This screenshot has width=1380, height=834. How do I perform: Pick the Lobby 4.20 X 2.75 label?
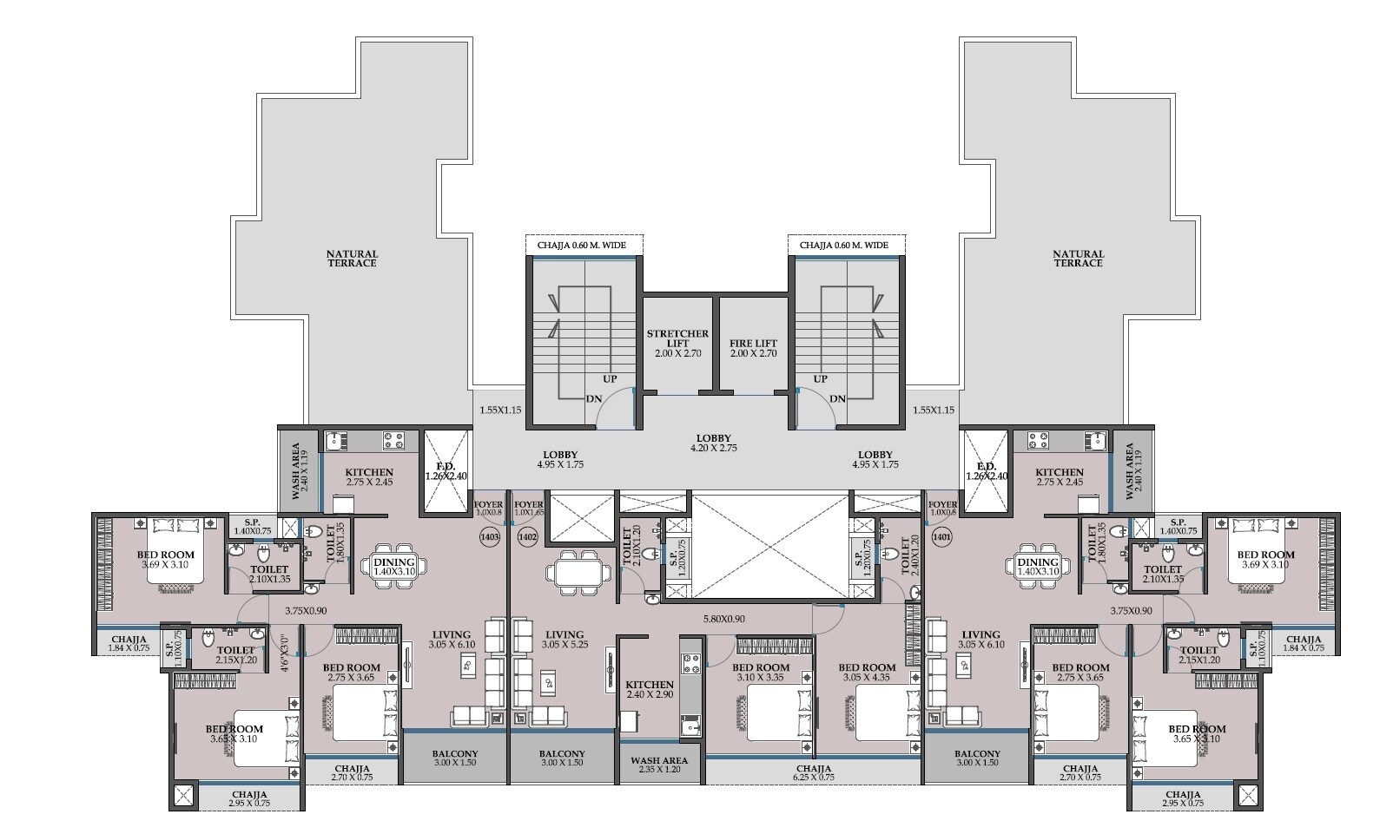click(x=713, y=443)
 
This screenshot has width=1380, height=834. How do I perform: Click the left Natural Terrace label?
click(x=352, y=259)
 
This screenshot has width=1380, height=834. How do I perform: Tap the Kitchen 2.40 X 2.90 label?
click(x=649, y=691)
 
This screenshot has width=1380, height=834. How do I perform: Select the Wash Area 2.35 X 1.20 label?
click(x=659, y=765)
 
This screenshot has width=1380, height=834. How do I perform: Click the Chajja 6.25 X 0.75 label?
click(x=813, y=773)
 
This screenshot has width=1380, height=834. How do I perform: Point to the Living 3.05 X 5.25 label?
click(x=563, y=640)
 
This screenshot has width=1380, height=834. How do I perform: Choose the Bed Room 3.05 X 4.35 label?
click(x=866, y=673)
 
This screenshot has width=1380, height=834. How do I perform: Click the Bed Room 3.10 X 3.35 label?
click(x=762, y=673)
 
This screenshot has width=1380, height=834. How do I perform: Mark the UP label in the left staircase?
click(x=611, y=379)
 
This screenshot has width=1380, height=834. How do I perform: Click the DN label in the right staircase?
click(x=837, y=399)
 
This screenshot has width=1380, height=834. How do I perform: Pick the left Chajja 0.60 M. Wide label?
click(x=584, y=246)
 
